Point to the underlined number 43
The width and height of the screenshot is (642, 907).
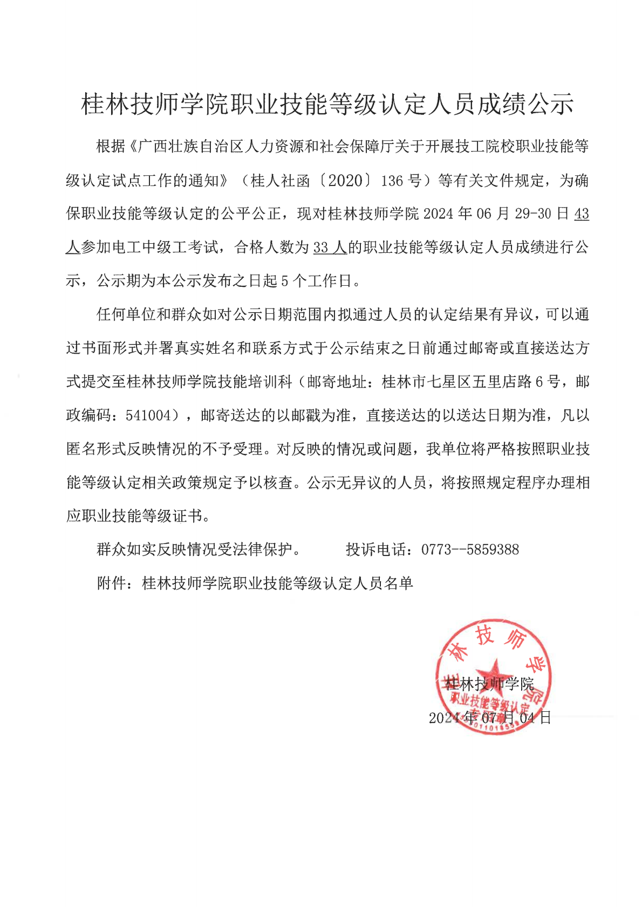click(x=582, y=214)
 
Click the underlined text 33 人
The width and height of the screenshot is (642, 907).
click(x=330, y=248)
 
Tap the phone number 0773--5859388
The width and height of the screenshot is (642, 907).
click(x=470, y=550)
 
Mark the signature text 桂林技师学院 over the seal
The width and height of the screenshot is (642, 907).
click(x=489, y=684)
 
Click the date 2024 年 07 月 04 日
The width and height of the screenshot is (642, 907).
click(x=489, y=718)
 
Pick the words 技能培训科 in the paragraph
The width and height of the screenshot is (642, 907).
click(x=255, y=382)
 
